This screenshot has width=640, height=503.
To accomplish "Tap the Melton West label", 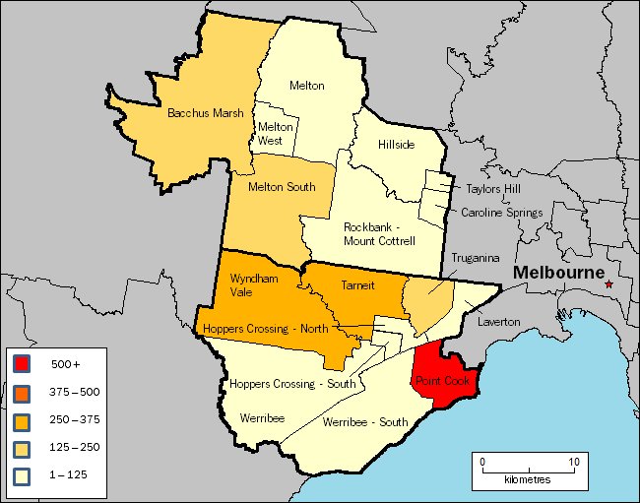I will [x=276, y=134].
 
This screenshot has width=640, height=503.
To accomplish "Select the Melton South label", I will [x=281, y=187].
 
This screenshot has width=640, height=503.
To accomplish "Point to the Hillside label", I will [x=396, y=145].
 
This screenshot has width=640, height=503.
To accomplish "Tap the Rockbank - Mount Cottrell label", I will [x=379, y=234].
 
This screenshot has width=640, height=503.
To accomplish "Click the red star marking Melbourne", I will [x=609, y=284].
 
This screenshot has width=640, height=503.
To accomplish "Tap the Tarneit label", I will [x=356, y=284].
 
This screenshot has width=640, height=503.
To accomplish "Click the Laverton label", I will [x=497, y=321].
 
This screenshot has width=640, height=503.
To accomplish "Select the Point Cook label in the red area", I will [x=442, y=381].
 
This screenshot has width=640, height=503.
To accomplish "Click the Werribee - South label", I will [x=365, y=422].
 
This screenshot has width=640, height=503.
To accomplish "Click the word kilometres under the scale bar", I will [x=527, y=479].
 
